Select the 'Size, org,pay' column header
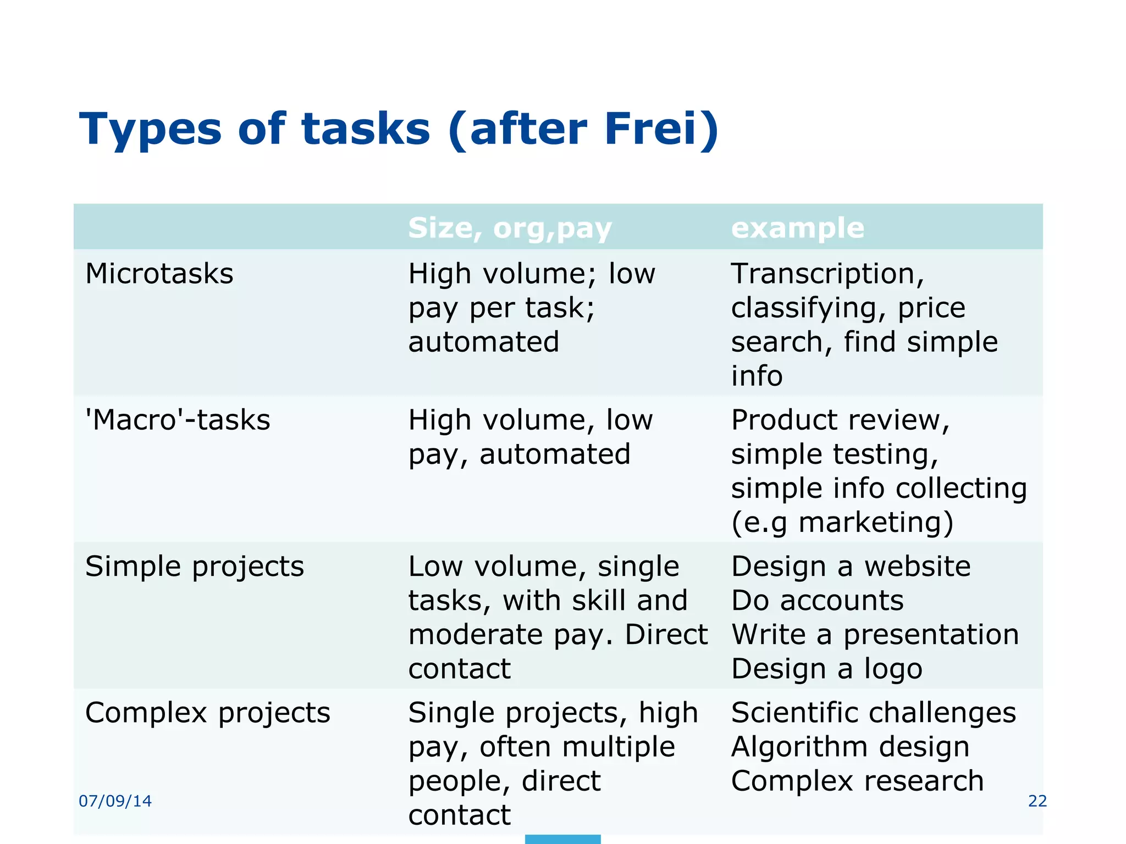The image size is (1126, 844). click(x=510, y=227)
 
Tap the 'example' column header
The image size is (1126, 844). click(x=797, y=227)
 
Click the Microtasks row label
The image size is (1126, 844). click(x=159, y=274)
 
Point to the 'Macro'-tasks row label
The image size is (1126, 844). click(x=178, y=420)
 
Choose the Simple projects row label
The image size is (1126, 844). click(x=195, y=566)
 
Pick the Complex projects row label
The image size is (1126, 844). click(x=208, y=713)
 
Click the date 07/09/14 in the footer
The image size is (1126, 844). click(x=115, y=801)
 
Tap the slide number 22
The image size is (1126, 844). click(x=1037, y=801)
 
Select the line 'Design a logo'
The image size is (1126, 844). click(x=826, y=669)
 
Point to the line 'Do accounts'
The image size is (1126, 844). click(x=817, y=600)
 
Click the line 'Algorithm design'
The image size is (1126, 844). click(x=850, y=747)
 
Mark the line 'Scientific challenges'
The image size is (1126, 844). click(x=873, y=713)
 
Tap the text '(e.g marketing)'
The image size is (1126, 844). click(x=842, y=522)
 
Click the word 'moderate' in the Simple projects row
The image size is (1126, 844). click(x=476, y=635)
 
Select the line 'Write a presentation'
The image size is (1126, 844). click(x=875, y=635)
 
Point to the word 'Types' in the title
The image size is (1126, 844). click(x=150, y=130)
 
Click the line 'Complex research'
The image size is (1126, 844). click(x=857, y=781)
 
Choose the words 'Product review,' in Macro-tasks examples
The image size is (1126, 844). click(x=840, y=420)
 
